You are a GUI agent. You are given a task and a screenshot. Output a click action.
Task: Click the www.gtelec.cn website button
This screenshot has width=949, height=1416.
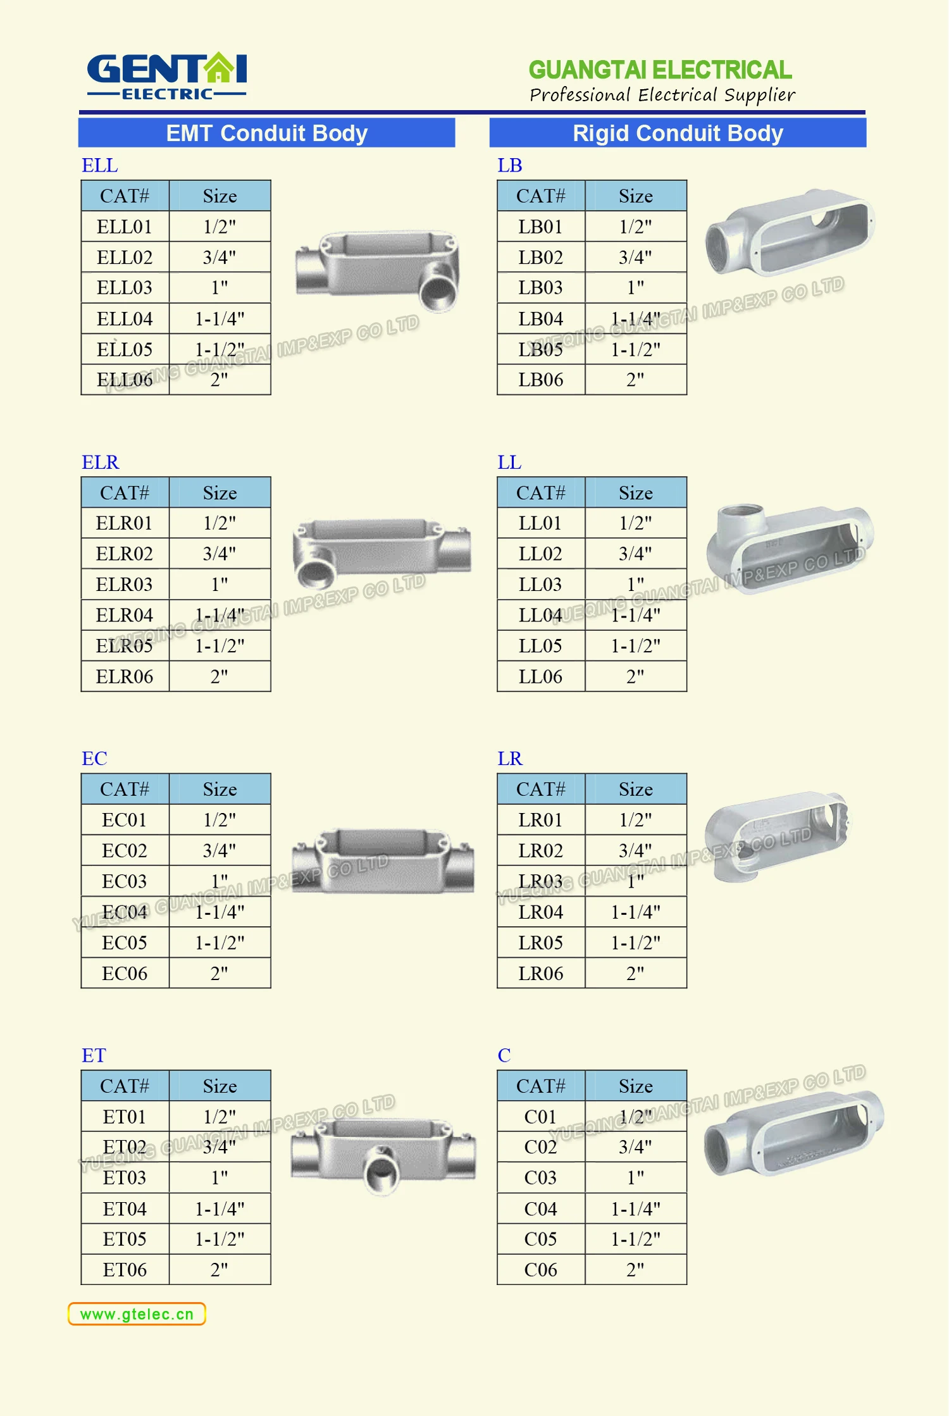point(137,1314)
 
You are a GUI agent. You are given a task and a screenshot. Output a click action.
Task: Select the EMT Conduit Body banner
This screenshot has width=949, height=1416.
point(266,133)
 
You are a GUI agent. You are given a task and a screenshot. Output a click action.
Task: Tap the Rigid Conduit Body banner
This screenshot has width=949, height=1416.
point(678,133)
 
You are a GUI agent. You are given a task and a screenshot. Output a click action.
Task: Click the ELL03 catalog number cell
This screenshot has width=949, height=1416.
point(125,288)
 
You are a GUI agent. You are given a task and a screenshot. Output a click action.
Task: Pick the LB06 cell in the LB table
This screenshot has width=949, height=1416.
point(541,380)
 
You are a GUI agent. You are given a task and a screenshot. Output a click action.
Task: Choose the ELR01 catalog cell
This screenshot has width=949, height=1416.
point(125,523)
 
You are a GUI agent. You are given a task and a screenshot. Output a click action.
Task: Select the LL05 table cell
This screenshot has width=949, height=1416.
point(541,646)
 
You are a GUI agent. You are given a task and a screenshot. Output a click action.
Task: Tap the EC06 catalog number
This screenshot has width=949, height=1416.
point(125,973)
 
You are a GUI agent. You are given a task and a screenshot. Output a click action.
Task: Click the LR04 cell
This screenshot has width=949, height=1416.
point(541,912)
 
